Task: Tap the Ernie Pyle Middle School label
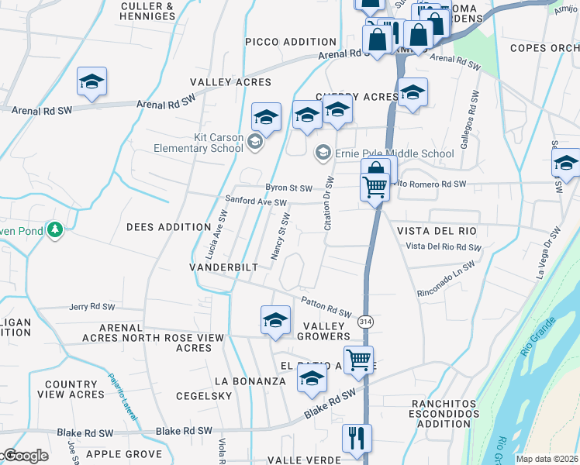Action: [394, 153]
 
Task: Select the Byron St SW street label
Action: [288, 188]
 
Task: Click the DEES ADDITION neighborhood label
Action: [169, 227]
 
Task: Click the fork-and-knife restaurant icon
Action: [357, 437]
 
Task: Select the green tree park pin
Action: [54, 229]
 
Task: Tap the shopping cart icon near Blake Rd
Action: [358, 360]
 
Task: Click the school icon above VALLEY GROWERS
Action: [275, 320]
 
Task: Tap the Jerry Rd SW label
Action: [96, 307]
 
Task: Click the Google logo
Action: [25, 456]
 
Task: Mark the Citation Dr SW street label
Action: [328, 204]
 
